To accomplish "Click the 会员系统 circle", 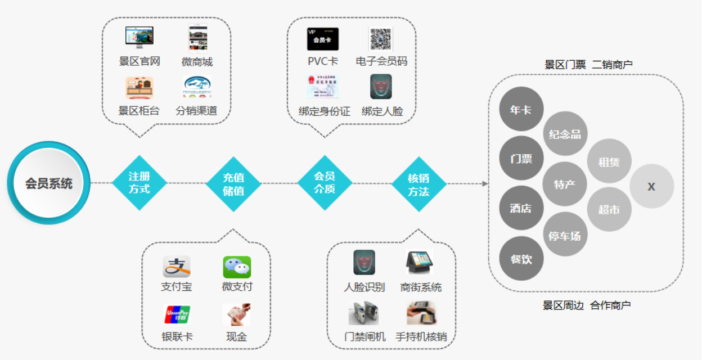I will (x=49, y=183).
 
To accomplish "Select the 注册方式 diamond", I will (x=139, y=183).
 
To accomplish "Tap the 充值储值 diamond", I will (x=233, y=184).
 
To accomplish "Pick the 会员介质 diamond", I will (x=325, y=183).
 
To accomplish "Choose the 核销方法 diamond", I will (x=418, y=184).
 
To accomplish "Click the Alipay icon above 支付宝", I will (x=176, y=267).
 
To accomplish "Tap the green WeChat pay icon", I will (x=237, y=267).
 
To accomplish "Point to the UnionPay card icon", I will (x=177, y=315).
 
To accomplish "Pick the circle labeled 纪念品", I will (x=565, y=134).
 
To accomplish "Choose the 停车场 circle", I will (x=565, y=235).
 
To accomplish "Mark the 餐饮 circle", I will (x=521, y=259).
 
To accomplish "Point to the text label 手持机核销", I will (x=421, y=336).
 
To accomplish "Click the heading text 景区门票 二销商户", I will (x=588, y=65).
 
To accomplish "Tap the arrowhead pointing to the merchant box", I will (x=485, y=183).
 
